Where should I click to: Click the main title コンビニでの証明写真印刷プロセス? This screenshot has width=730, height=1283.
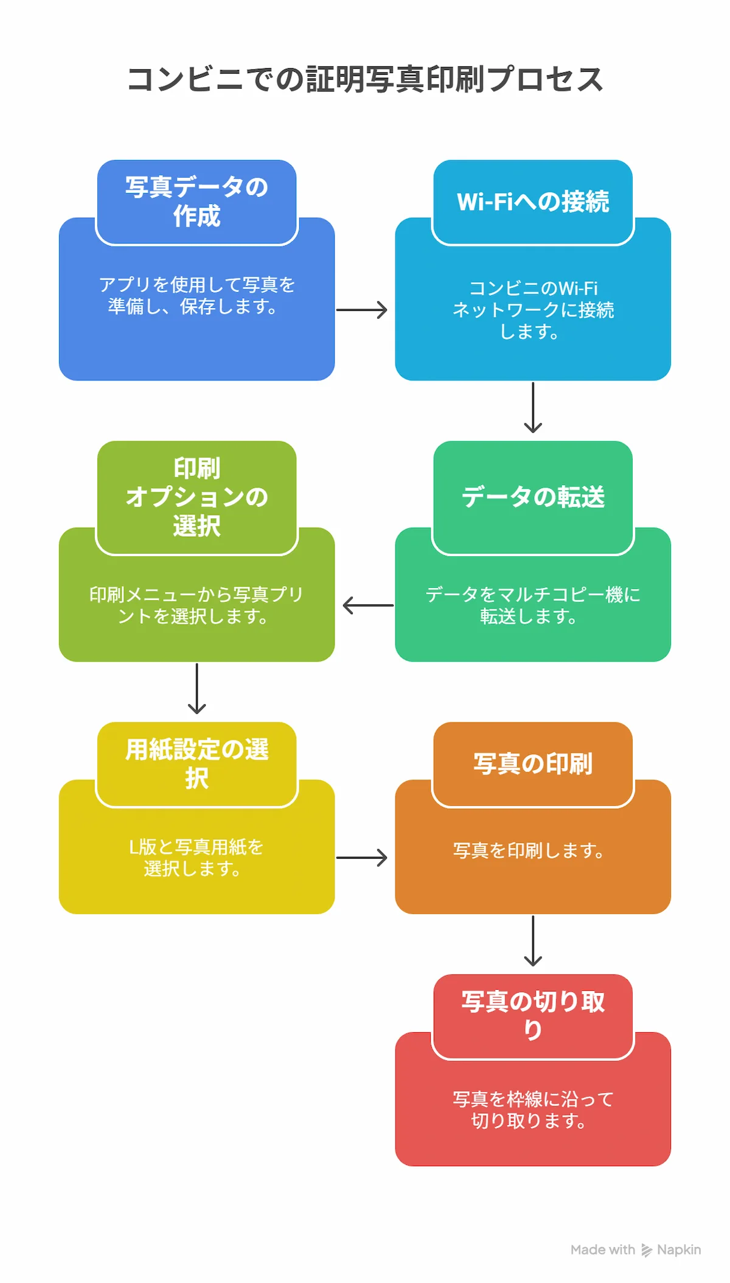click(x=365, y=80)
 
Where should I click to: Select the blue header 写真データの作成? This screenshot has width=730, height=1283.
click(x=196, y=201)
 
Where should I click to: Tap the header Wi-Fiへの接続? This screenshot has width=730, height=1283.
click(x=533, y=201)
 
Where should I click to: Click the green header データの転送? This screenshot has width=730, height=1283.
click(x=533, y=497)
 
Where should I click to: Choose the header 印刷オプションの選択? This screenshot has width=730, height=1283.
click(x=196, y=497)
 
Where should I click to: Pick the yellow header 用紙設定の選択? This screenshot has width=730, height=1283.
click(x=196, y=763)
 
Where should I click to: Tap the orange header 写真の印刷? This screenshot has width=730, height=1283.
click(x=533, y=763)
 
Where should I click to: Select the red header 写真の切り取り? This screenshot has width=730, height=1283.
click(x=533, y=1015)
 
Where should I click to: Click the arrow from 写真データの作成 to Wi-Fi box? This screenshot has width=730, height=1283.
click(x=363, y=310)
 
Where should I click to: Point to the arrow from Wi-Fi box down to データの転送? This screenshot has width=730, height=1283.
click(x=533, y=407)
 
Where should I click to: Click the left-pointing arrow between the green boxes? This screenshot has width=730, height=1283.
click(x=367, y=605)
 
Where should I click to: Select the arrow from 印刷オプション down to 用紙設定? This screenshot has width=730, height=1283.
click(x=196, y=688)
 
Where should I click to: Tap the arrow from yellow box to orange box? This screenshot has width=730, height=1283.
click(x=363, y=858)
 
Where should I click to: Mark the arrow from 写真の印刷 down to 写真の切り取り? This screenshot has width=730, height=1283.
click(x=533, y=940)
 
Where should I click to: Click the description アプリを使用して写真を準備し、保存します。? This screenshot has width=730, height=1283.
click(x=196, y=295)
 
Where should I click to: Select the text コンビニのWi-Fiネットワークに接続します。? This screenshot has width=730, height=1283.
click(x=533, y=310)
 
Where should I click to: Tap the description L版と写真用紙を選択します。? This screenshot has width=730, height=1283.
click(x=196, y=858)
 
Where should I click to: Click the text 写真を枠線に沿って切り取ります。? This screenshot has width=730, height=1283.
click(x=533, y=1110)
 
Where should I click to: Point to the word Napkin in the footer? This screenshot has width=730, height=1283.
click(x=679, y=1250)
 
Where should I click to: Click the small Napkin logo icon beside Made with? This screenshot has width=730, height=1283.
click(x=646, y=1250)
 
